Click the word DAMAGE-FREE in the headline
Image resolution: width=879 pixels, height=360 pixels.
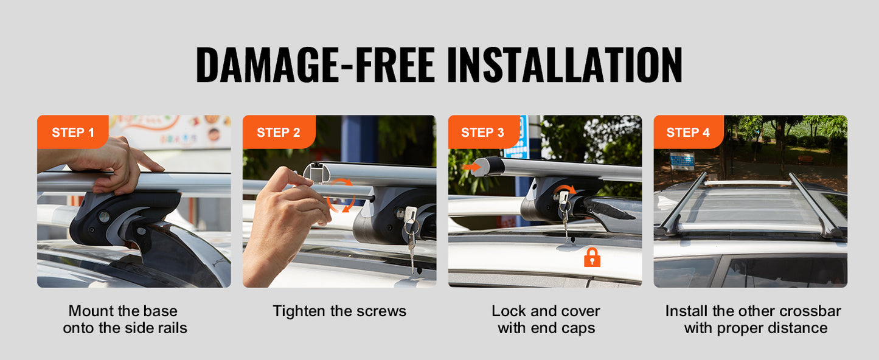coord(315,64)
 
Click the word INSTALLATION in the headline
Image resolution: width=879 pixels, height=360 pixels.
coord(564,64)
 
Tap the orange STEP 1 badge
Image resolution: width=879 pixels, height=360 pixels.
coord(72,133)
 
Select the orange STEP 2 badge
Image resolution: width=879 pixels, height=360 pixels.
coord(278,133)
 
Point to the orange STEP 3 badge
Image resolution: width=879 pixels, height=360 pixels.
coord(482,133)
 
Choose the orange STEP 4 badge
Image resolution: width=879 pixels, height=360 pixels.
coord(688,133)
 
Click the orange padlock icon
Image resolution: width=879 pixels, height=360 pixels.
coord(592,258)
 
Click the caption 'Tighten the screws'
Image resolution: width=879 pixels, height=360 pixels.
coord(339,311)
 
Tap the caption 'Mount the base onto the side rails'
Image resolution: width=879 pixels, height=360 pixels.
coord(125,320)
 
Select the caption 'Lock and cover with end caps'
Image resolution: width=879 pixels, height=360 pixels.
coord(546,320)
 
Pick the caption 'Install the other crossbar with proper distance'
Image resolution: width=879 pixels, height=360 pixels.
coord(753,320)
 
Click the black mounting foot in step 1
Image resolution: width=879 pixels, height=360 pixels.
coord(122,219)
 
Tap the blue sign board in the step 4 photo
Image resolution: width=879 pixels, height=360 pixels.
coord(682,161)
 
